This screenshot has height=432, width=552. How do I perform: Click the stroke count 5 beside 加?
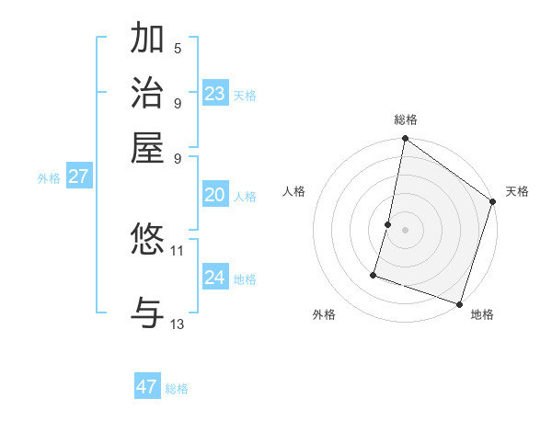click(178, 48)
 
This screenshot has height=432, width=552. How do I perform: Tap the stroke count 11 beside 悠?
click(178, 250)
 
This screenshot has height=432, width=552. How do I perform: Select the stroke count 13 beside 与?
click(178, 324)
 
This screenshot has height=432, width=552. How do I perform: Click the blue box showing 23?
click(215, 93)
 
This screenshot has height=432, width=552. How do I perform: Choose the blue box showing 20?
click(215, 195)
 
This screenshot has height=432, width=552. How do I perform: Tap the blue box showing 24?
click(215, 278)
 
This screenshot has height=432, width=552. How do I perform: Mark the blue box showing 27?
click(78, 176)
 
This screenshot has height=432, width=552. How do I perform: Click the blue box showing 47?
click(146, 387)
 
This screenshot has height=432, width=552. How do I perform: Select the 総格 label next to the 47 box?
click(177, 389)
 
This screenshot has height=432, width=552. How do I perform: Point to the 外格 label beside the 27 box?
click(49, 178)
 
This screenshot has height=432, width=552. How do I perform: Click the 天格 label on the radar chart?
click(517, 191)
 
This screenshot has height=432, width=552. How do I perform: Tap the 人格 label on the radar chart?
click(294, 191)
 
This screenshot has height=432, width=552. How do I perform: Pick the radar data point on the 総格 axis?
click(405, 139)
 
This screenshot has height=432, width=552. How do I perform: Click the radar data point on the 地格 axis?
click(458, 303)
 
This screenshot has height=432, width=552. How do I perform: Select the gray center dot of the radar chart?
click(405, 229)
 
